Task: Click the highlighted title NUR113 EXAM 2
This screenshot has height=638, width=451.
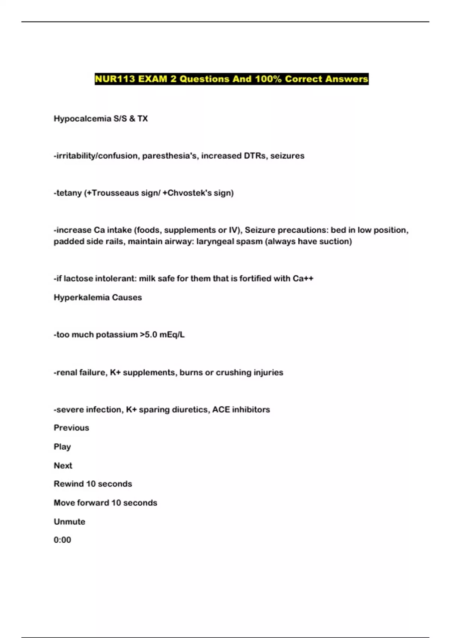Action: pos(232,79)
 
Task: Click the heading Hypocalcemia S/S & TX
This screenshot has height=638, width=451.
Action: pos(101,119)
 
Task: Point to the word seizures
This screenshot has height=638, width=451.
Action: pos(288,156)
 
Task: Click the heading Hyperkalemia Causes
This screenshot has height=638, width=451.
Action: pos(98,298)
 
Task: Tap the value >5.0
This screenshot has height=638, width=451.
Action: pos(148,335)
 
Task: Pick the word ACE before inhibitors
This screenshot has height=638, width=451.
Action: pos(221,409)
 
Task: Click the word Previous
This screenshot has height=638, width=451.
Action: pos(71,428)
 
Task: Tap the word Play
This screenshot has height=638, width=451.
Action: pos(62,447)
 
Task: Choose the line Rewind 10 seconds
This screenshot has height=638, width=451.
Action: pos(93,484)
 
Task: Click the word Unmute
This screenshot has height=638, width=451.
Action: pos(70,522)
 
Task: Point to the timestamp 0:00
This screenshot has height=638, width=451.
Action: pos(62,540)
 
